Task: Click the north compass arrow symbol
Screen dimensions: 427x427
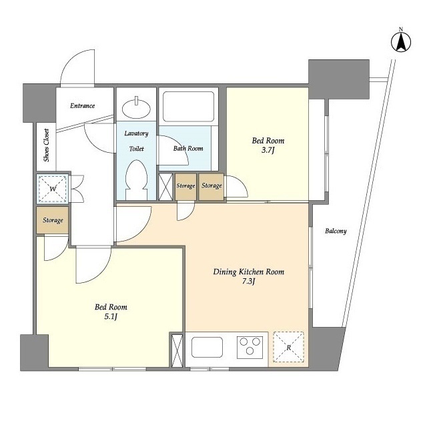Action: click(401, 41)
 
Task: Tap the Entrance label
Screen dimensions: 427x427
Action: click(82, 105)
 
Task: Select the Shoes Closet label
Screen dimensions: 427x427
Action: click(47, 145)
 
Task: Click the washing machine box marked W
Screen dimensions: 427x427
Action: click(53, 189)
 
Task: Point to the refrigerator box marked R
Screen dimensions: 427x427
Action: click(288, 347)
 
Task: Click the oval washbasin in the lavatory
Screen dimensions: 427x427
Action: click(136, 108)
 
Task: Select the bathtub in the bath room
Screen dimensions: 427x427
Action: click(188, 107)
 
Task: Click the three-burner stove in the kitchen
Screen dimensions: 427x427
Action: click(250, 347)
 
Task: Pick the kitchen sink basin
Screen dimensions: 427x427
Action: click(207, 347)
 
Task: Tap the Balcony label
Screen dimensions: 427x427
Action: click(336, 232)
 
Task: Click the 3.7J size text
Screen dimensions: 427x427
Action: click(268, 150)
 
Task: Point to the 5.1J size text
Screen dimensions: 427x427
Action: click(111, 316)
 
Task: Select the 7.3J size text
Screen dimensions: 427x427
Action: click(248, 281)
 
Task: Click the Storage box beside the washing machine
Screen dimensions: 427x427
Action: click(53, 220)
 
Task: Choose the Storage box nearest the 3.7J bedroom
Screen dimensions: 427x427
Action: click(211, 187)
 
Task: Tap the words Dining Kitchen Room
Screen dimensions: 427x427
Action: click(248, 272)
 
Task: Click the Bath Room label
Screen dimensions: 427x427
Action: click(188, 148)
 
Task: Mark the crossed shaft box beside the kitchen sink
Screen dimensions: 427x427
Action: click(177, 350)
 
